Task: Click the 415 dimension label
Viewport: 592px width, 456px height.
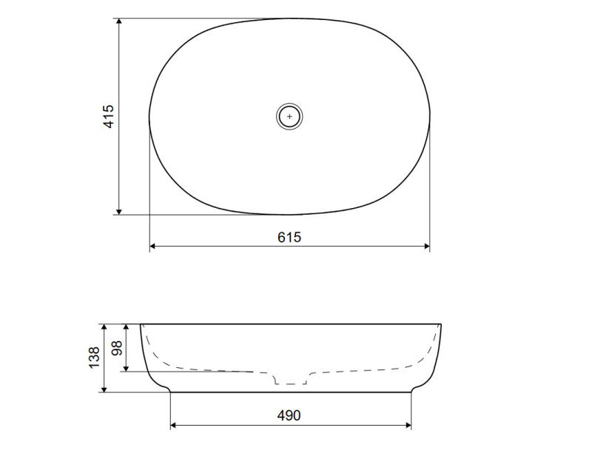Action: pos(108,116)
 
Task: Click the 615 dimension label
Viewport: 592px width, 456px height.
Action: pos(289,238)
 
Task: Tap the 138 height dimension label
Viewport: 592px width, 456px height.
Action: pos(94,358)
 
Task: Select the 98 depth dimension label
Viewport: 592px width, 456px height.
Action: pos(117,348)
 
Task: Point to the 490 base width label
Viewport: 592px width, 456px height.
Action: pos(289,415)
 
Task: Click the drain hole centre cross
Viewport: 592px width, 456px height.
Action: pos(289,116)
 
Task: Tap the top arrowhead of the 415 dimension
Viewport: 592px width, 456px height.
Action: pos(119,21)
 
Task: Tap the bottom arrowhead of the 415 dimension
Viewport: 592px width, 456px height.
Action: pos(119,211)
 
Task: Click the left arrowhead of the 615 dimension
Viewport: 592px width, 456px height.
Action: pos(153,247)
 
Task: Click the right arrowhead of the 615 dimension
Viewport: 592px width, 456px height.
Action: pos(427,247)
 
